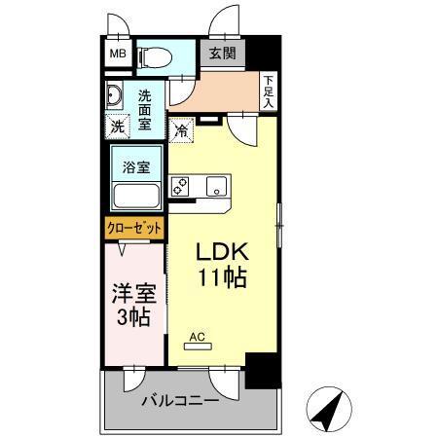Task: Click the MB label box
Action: pyautogui.click(x=117, y=55)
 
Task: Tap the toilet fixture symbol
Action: pyautogui.click(x=153, y=56)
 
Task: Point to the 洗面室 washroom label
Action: pyautogui.click(x=144, y=108)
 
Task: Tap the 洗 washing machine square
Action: pyautogui.click(x=117, y=126)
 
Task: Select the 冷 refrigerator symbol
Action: pyautogui.click(x=182, y=128)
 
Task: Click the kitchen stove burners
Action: pyautogui.click(x=179, y=186)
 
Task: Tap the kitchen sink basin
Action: pyautogui.click(x=215, y=187)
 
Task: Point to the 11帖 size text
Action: pyautogui.click(x=222, y=276)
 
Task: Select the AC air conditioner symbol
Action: pyautogui.click(x=199, y=341)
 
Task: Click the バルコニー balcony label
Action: pyautogui.click(x=182, y=400)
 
